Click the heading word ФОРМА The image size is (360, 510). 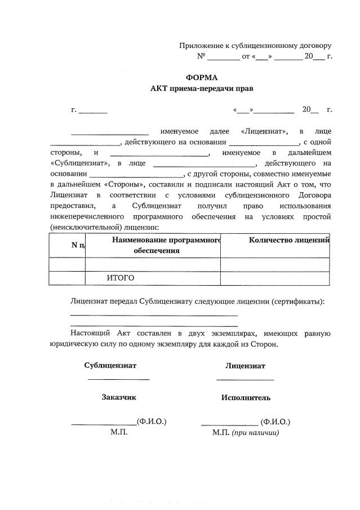201,77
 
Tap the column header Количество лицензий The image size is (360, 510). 288,241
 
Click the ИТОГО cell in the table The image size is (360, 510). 120,278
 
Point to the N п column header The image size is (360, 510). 78,245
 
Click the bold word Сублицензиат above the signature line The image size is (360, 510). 110,365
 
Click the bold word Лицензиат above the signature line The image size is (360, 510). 245,365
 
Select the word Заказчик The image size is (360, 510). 119,397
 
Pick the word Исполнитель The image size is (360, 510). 246,398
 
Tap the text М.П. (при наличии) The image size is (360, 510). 246,433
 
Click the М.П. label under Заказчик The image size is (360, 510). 119,433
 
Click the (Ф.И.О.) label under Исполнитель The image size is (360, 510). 275,422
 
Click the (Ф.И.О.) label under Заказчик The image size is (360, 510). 152,422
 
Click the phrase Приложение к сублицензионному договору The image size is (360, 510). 255,46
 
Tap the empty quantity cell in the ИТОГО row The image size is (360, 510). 274,278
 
